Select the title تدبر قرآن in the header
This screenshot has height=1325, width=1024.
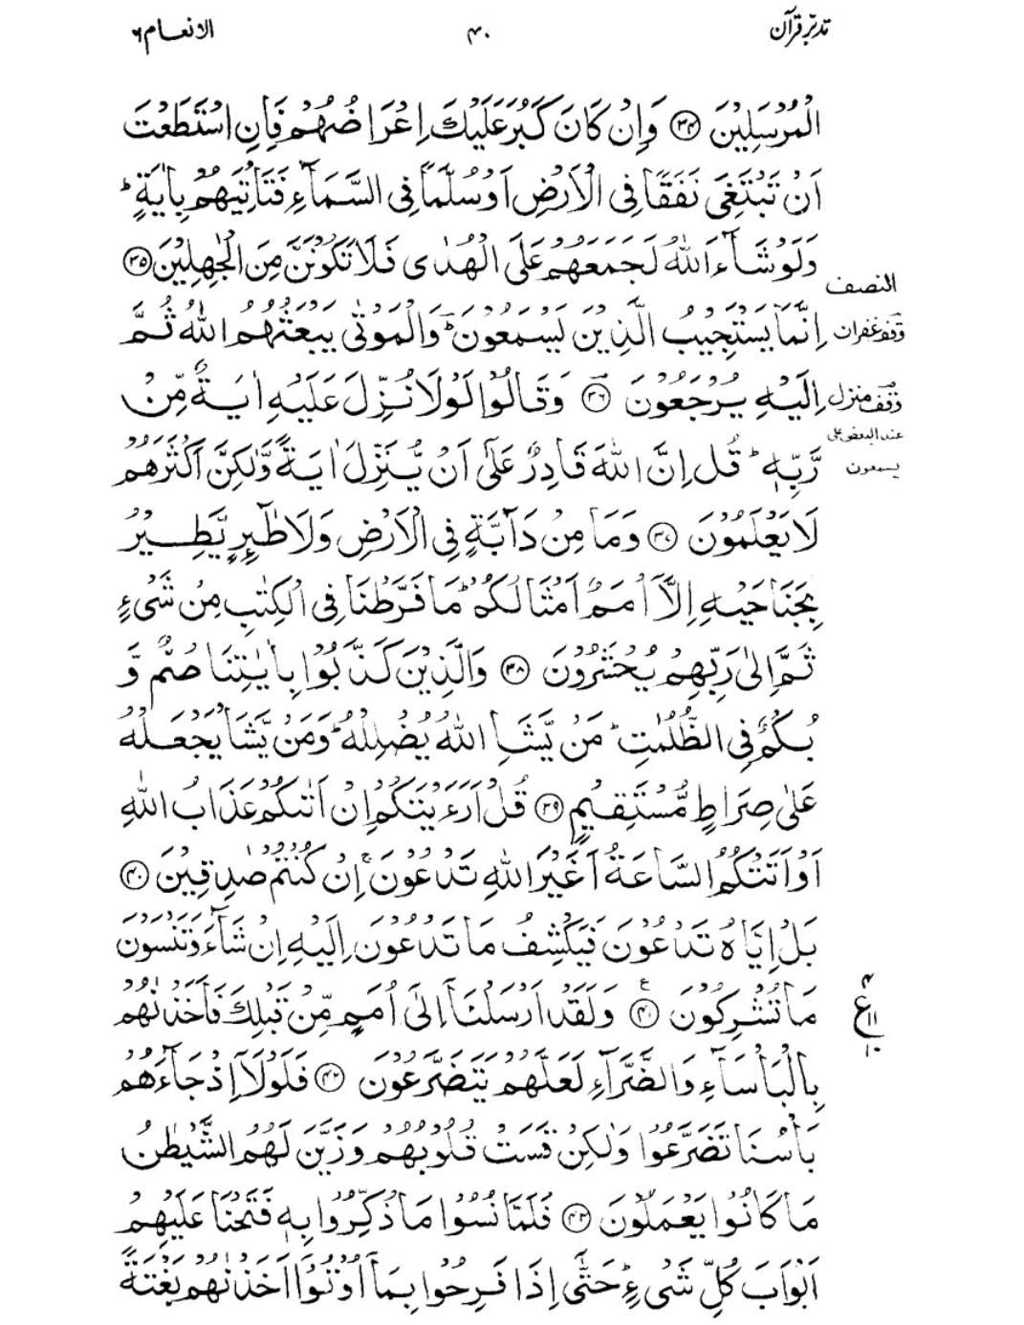pyautogui.click(x=801, y=31)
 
